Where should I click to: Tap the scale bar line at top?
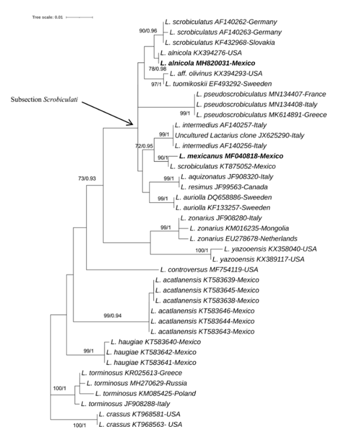point(79,18)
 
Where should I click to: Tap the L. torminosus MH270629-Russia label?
point(134,383)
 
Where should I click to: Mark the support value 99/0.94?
point(116,315)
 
